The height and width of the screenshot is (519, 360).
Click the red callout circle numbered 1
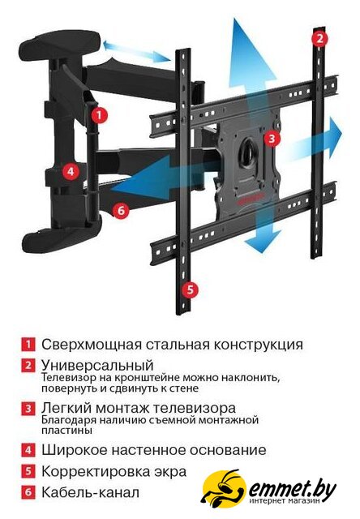tap(99, 115)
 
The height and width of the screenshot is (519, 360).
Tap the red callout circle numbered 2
tap(319, 39)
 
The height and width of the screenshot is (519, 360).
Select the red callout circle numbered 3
tap(272, 138)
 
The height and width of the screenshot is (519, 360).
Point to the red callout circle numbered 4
tap(71, 172)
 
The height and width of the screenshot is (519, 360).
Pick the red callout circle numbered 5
tap(191, 290)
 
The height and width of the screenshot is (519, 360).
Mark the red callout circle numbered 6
tap(121, 210)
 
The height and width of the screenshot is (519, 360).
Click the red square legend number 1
tap(28, 345)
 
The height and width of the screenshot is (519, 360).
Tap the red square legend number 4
tap(28, 450)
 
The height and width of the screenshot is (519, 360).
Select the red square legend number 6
tap(28, 492)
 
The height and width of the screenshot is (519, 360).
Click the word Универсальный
tap(97, 366)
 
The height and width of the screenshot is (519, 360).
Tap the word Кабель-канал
tap(90, 492)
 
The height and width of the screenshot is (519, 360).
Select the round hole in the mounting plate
tap(249, 152)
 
